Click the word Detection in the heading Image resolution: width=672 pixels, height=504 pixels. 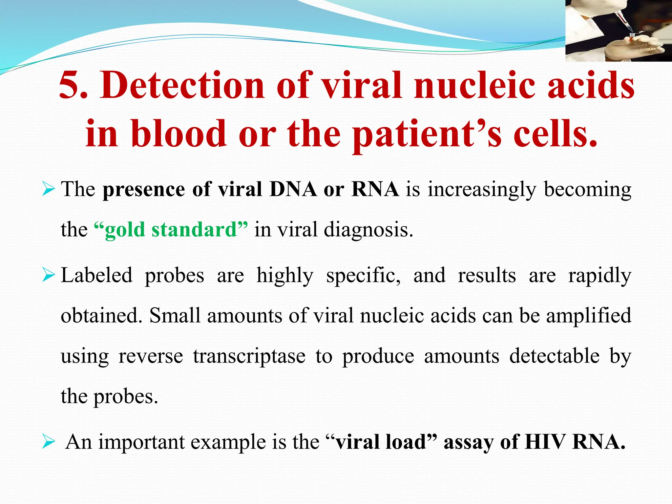(182, 85)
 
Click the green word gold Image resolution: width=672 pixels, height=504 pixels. (125, 230)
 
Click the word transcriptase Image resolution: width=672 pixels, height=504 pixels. (249, 356)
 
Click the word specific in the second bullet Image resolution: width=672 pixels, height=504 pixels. (363, 275)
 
